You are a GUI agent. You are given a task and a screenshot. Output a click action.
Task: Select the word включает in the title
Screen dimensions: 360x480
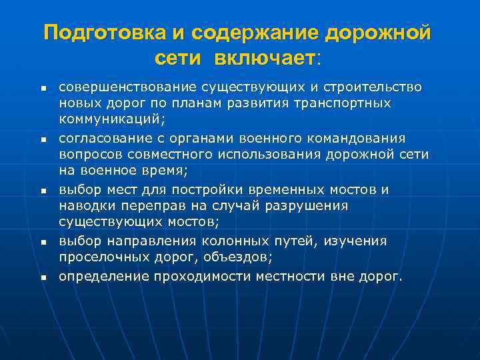pos(264,58)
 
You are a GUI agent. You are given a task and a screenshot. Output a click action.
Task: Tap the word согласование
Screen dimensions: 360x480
pos(102,138)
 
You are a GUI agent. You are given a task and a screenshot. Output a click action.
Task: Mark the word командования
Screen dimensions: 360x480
pos(361,138)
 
